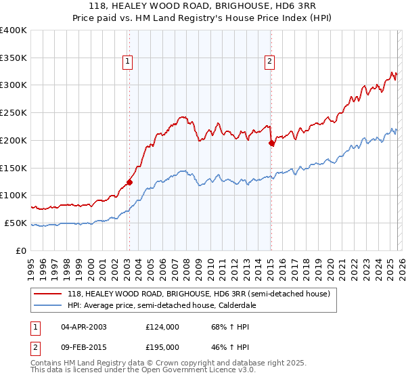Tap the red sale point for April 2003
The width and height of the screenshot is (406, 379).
pyautogui.click(x=129, y=181)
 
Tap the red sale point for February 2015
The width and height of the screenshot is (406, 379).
pyautogui.click(x=271, y=143)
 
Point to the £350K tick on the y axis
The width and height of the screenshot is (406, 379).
pyautogui.click(x=14, y=58)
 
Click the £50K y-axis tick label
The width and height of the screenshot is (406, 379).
pyautogui.click(x=16, y=223)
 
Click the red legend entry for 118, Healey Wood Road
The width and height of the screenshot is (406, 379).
pyautogui.click(x=198, y=294)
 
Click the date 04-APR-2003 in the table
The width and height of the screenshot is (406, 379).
pyautogui.click(x=84, y=327)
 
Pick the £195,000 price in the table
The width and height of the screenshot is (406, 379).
pyautogui.click(x=162, y=347)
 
